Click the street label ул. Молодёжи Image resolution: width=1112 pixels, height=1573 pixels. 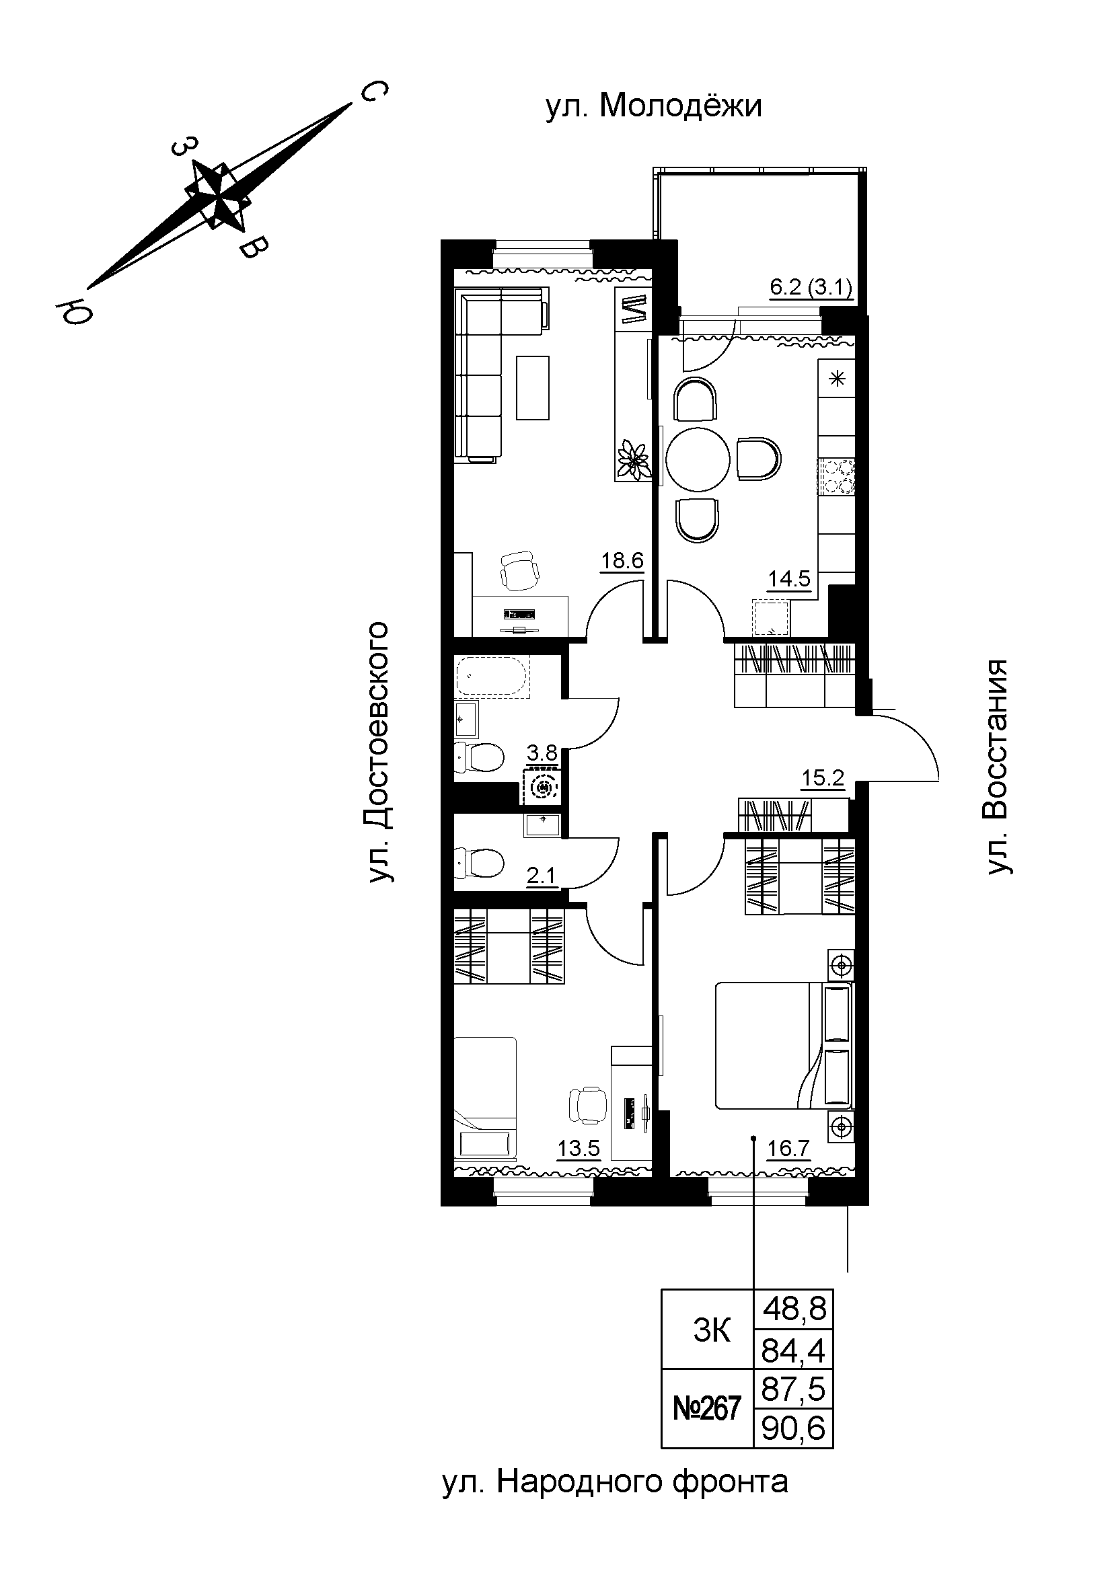pos(654,107)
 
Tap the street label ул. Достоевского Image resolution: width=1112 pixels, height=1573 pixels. pos(378,753)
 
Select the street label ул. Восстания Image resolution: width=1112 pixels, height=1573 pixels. pos(997,767)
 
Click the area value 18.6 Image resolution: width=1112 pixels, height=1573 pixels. pos(622,561)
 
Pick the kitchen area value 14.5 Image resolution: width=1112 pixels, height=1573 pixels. pos(789,579)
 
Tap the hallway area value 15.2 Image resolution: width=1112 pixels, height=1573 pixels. pos(823,777)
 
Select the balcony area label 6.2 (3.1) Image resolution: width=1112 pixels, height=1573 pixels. pos(811,286)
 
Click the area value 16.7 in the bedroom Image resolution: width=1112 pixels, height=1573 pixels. pos(788,1147)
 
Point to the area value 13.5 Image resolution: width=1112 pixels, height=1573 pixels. pos(579,1147)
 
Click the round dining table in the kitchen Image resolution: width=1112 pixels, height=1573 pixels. pos(698,459)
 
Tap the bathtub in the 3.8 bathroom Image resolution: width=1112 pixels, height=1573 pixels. pos(492,676)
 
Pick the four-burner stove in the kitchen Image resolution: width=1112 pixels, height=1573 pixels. pos(837,477)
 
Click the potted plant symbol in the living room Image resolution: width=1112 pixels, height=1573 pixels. pos(633,459)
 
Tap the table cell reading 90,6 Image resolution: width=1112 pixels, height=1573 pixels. pos(793,1428)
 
